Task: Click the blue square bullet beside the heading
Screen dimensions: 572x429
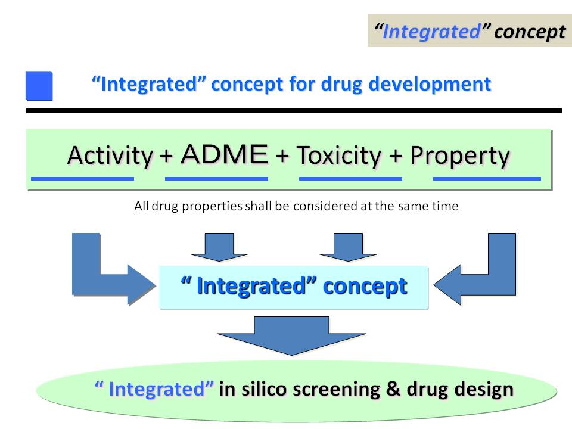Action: [x=39, y=86]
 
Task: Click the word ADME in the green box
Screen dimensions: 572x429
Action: [x=225, y=154]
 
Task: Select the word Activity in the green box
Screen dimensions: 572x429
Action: [x=110, y=156]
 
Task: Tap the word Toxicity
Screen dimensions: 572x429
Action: [x=339, y=156]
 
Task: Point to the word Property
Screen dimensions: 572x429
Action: [x=459, y=156]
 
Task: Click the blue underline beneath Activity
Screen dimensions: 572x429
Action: [x=82, y=179]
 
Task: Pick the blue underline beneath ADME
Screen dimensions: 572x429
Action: [x=216, y=179]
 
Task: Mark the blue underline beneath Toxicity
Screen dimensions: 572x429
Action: [x=350, y=179]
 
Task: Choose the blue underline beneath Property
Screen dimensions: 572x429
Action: [x=487, y=179]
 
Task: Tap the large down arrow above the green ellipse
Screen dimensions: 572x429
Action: [x=291, y=335]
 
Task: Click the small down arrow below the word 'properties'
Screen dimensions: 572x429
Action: [x=219, y=247]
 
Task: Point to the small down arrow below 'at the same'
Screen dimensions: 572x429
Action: [x=349, y=247]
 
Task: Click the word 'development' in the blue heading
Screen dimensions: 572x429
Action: [x=430, y=84]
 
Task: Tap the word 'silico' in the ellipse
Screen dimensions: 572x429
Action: [x=264, y=389]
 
